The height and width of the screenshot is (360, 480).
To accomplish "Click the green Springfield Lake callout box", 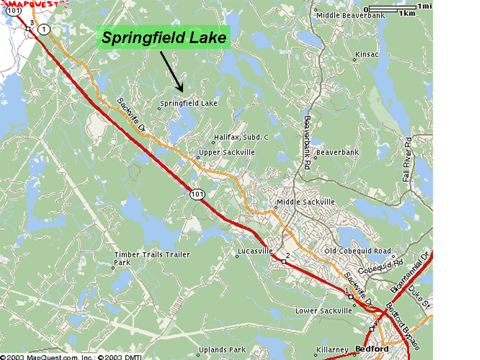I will tap(163, 37).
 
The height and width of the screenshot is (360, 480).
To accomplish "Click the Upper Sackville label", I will tap(227, 152).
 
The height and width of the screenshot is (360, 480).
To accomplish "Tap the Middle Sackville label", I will tap(305, 202).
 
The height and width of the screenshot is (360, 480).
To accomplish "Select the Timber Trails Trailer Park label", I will tap(152, 258).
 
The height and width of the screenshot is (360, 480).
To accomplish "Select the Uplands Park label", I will tap(222, 349).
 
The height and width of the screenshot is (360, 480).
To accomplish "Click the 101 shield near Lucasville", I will tap(195, 194).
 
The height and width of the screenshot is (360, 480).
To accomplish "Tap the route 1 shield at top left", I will tap(45, 29).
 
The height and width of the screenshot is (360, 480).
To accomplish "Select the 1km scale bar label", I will tap(407, 13).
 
